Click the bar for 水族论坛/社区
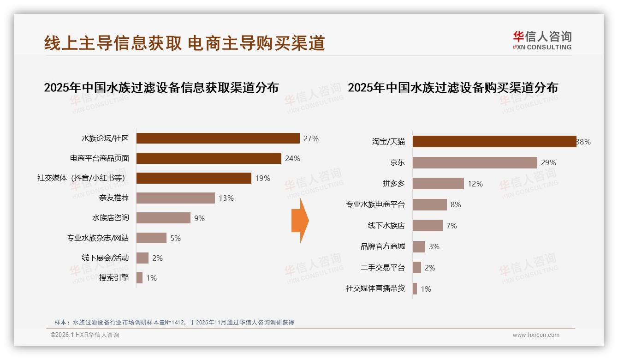[x=218, y=138]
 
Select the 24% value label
[x=292, y=158]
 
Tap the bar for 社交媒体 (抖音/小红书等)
[x=194, y=178]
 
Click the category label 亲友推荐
[x=114, y=198]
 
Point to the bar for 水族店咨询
[x=163, y=218]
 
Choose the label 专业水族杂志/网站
[x=98, y=238]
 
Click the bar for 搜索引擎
[x=139, y=278]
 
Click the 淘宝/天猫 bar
[x=494, y=141]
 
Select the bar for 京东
[x=475, y=162]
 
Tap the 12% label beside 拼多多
[x=475, y=184]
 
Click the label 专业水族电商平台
[x=375, y=204]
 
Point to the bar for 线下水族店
[x=428, y=225]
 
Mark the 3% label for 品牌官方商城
[x=434, y=246]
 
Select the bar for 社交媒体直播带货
[x=415, y=289]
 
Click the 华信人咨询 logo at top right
[x=542, y=40]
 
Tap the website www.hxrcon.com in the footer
[x=536, y=335]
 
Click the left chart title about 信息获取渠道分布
[x=161, y=87]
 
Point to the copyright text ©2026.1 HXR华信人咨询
[x=85, y=335]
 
